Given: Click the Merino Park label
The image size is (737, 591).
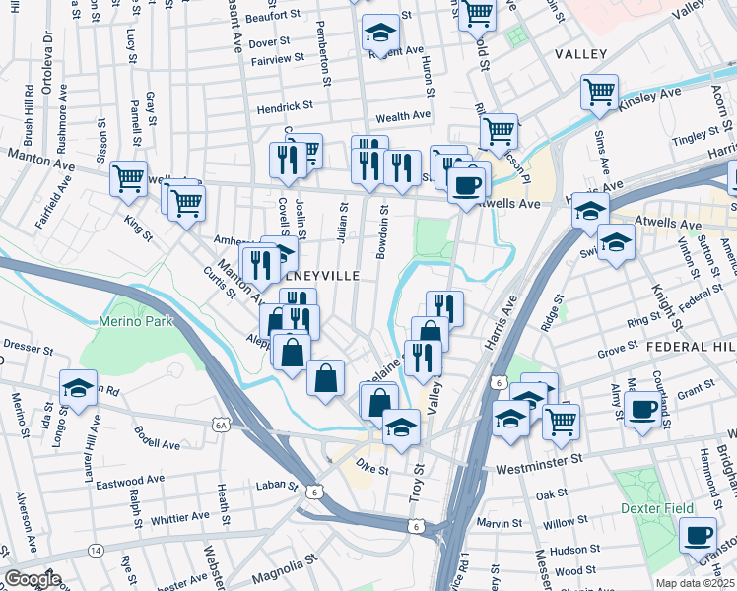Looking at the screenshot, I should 136,321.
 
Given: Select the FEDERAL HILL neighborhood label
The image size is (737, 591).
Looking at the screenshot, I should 691,348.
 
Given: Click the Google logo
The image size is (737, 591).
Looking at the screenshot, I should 32,580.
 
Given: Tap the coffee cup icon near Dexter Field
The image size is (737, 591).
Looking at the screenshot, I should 699,535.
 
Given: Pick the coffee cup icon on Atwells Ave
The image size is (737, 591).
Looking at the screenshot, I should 467,182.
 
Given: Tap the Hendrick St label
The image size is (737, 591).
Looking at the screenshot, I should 285,105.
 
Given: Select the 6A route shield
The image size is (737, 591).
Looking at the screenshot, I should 221,425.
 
